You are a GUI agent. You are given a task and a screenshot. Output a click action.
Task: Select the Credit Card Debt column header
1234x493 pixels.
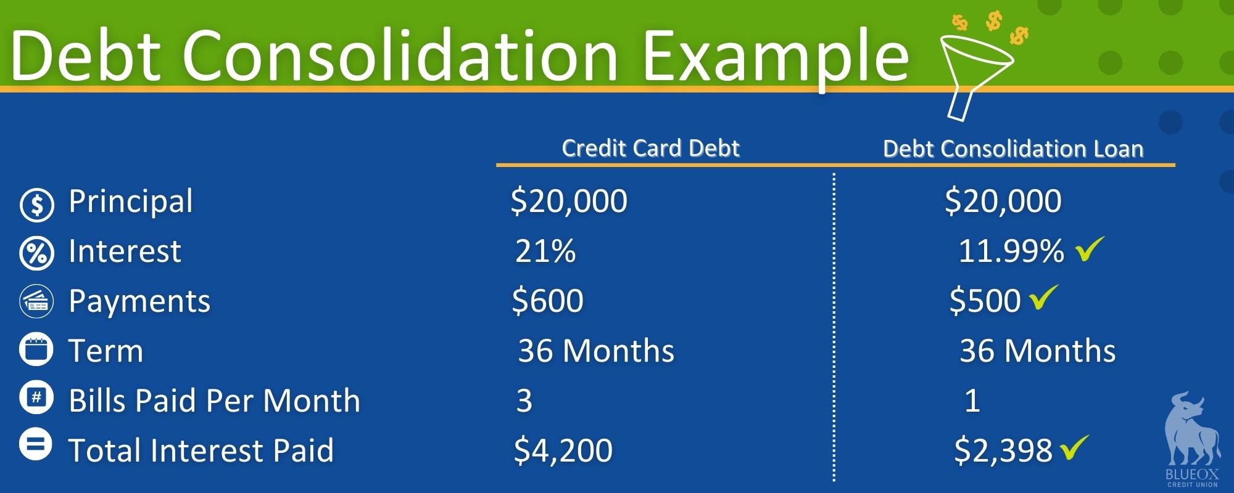tap(650, 148)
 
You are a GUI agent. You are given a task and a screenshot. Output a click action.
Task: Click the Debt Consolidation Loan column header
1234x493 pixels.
tap(1013, 149)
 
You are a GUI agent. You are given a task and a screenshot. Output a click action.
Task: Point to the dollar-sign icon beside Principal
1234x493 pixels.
tap(37, 204)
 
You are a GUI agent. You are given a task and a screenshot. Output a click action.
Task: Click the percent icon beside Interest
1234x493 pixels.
tap(37, 253)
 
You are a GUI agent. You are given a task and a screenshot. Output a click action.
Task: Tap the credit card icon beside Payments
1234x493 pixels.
tap(37, 302)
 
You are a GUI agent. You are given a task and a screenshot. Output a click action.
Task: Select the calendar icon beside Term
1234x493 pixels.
tap(37, 349)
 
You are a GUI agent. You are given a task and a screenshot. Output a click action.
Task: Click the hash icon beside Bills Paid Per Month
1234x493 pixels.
tap(37, 398)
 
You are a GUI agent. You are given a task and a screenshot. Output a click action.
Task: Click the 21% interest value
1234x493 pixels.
tap(545, 251)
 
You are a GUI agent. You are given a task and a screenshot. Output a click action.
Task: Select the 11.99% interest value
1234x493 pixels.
tap(1011, 251)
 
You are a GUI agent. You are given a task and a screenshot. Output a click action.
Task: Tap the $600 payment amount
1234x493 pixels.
tap(547, 301)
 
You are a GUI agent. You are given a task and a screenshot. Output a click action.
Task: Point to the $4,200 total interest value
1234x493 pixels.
tap(563, 450)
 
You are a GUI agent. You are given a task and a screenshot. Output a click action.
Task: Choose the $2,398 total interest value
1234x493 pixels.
tap(1003, 450)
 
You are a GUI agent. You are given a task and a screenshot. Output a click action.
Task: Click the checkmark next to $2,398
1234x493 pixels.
tap(1074, 447)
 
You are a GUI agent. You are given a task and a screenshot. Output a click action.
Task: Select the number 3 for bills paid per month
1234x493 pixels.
tap(524, 401)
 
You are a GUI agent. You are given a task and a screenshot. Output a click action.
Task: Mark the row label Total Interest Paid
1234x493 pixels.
tap(201, 450)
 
